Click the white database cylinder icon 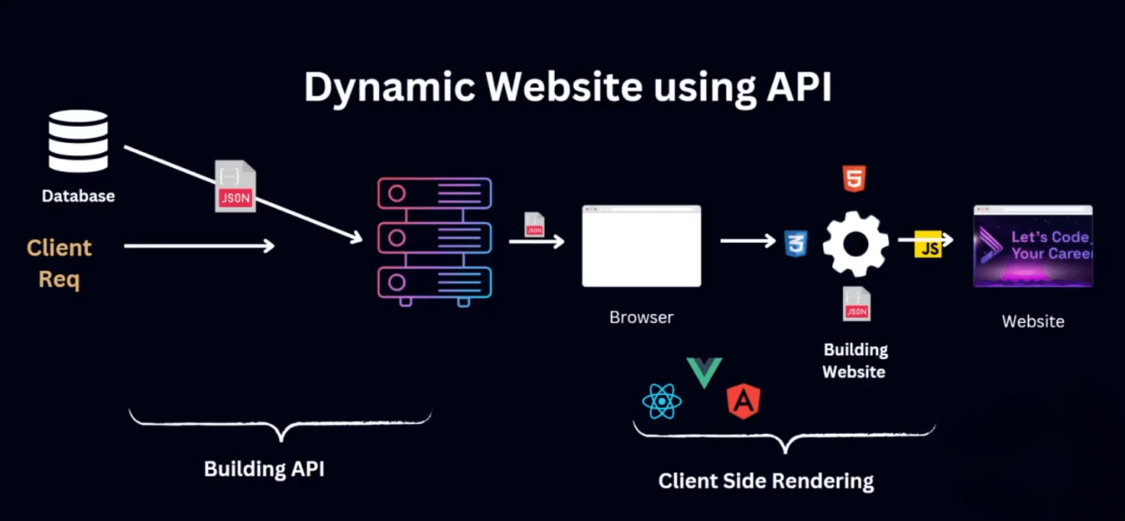(78, 141)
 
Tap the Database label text (78, 196)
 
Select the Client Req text (59, 263)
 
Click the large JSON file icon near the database (235, 186)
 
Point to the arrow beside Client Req (199, 245)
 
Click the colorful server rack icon (434, 241)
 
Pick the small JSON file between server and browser (534, 225)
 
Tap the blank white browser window (641, 246)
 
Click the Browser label (641, 317)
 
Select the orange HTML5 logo (854, 179)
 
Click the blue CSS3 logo (796, 244)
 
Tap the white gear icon (855, 244)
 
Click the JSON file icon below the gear (857, 304)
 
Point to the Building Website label (854, 361)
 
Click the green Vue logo (704, 371)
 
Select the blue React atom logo (662, 401)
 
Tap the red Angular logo (743, 402)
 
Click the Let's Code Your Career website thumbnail (1033, 246)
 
